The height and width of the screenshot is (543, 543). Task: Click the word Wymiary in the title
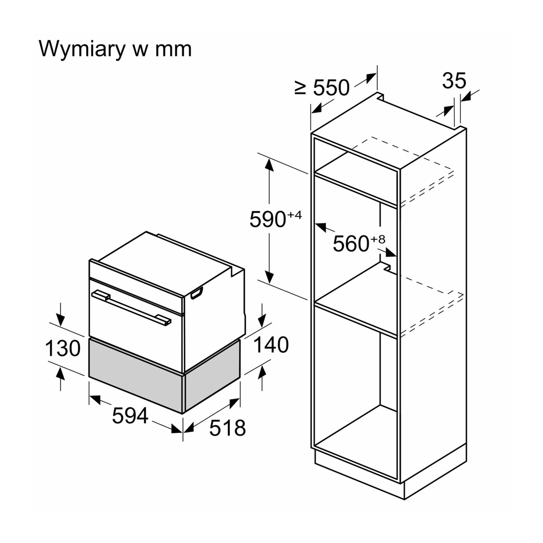pos(81,49)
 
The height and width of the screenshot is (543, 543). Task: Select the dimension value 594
pos(130,416)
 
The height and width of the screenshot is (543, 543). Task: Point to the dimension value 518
pos(228,428)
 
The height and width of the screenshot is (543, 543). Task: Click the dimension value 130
pos(63,348)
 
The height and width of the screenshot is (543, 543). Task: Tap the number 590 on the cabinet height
pos(268,219)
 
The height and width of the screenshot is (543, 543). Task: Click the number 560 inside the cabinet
pos(351,243)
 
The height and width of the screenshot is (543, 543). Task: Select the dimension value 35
pos(454,81)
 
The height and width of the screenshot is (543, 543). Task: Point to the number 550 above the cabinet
pos(331,87)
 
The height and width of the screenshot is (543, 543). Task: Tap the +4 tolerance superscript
pos(295,215)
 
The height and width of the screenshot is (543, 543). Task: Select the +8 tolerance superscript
pos(378,239)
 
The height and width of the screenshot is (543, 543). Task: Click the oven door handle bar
pos(131,308)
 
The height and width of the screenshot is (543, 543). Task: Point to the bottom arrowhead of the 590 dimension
pos(269,277)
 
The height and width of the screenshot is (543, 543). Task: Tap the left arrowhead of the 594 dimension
pos(95,399)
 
